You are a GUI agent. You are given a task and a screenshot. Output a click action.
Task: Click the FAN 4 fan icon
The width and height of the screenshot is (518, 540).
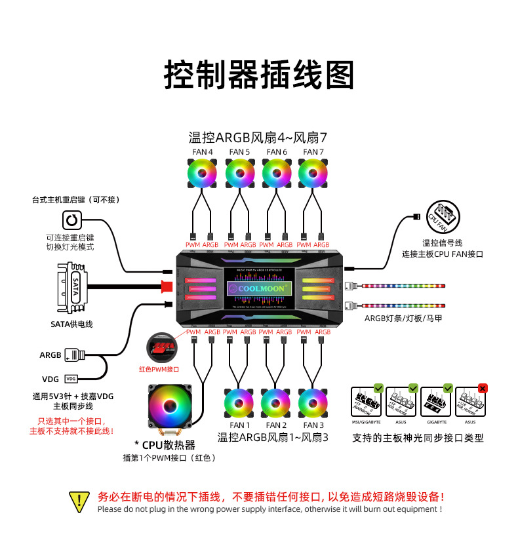(203, 174)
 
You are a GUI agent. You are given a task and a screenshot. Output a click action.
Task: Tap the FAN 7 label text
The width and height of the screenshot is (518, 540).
(313, 152)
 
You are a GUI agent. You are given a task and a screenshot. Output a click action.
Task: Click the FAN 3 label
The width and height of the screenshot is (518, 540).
(313, 425)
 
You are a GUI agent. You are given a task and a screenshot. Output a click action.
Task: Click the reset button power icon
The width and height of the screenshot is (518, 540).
(71, 220)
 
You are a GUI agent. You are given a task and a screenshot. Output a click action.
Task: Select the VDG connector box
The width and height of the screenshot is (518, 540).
(71, 379)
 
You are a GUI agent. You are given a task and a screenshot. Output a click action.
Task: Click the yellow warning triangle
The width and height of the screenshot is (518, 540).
(79, 502)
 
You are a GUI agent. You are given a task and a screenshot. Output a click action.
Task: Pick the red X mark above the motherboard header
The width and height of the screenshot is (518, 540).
(483, 388)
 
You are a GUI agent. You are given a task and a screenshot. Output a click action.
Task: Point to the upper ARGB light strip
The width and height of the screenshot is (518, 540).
(403, 286)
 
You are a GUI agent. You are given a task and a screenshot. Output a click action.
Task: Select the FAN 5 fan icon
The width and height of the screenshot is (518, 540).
(239, 174)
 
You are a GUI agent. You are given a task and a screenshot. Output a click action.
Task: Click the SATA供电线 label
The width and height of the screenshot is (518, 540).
(71, 324)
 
